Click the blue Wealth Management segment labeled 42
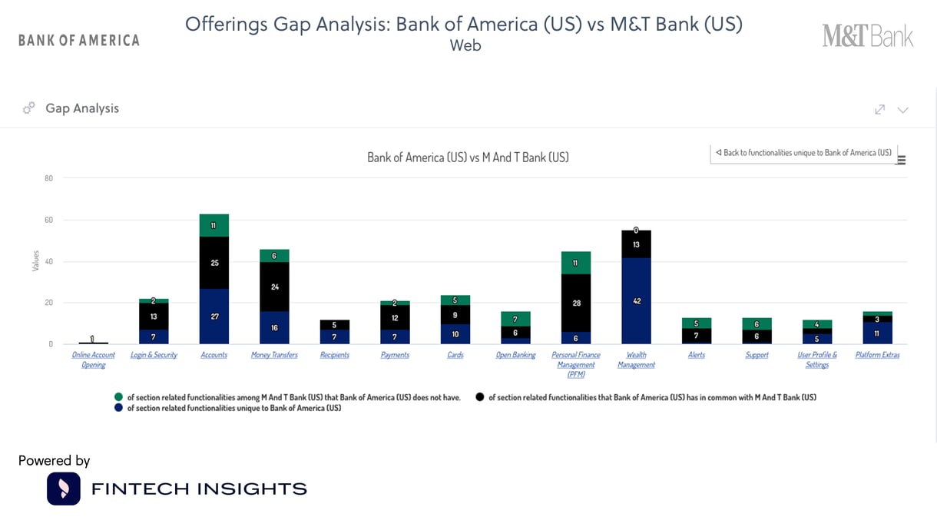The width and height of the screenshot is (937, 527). (x=636, y=301)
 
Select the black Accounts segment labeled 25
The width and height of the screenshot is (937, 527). (x=214, y=263)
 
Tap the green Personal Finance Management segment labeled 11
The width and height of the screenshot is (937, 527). (x=576, y=263)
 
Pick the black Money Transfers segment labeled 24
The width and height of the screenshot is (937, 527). (x=275, y=287)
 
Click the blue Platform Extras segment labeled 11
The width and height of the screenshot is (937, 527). (x=877, y=333)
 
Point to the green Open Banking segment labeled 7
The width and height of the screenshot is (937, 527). (x=515, y=319)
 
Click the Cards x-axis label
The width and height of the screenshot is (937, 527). (x=455, y=355)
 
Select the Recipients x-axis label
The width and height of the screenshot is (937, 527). (x=335, y=355)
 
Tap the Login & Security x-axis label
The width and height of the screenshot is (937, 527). (x=154, y=355)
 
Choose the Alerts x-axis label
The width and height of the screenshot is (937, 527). (x=697, y=355)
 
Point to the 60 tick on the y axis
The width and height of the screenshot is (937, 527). (x=48, y=220)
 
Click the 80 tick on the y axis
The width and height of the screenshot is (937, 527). (x=48, y=179)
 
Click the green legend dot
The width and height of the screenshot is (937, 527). (x=118, y=397)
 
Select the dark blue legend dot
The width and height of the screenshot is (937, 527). (x=118, y=408)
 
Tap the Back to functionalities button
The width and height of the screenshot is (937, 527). (x=803, y=153)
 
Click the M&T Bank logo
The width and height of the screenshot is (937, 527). (x=868, y=36)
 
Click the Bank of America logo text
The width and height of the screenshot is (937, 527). (x=79, y=40)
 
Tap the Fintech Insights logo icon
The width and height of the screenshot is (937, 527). (x=64, y=489)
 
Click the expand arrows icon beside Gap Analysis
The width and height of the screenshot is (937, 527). (x=880, y=109)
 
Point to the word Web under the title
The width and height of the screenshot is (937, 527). (x=465, y=45)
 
